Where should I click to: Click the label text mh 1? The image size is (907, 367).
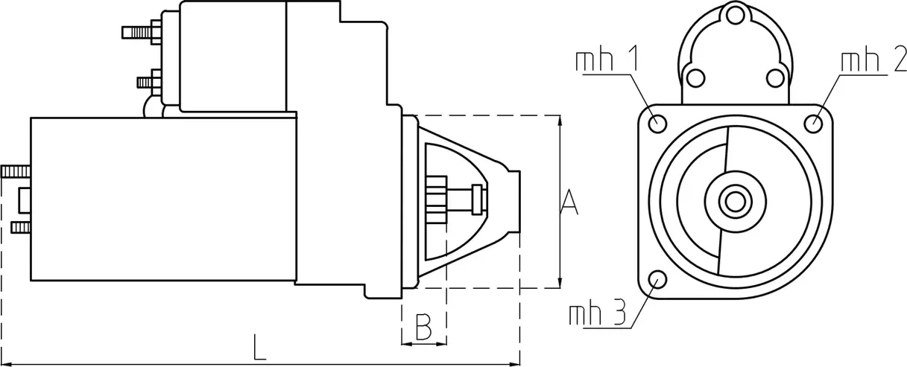pyautogui.click(x=607, y=62)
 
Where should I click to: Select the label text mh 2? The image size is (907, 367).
pyautogui.click(x=873, y=62)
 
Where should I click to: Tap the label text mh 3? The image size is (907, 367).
pyautogui.click(x=597, y=314)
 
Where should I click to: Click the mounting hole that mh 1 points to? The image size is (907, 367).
pyautogui.click(x=657, y=123)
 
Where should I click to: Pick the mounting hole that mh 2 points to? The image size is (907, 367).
pyautogui.click(x=816, y=123)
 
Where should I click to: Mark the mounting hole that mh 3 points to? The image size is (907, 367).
pyautogui.click(x=657, y=280)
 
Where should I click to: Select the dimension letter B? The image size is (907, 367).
pyautogui.click(x=423, y=327)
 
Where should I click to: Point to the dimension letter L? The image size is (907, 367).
pyautogui.click(x=259, y=348)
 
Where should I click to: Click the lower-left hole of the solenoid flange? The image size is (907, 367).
pyautogui.click(x=695, y=77)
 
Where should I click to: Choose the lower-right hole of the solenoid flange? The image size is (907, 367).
pyautogui.click(x=776, y=77)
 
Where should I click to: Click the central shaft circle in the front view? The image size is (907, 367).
pyautogui.click(x=736, y=201)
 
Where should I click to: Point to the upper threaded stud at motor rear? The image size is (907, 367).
pyautogui.click(x=15, y=172)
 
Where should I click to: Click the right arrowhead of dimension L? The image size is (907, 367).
pyautogui.click(x=516, y=363)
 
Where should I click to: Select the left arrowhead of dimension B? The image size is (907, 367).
pyautogui.click(x=405, y=343)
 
